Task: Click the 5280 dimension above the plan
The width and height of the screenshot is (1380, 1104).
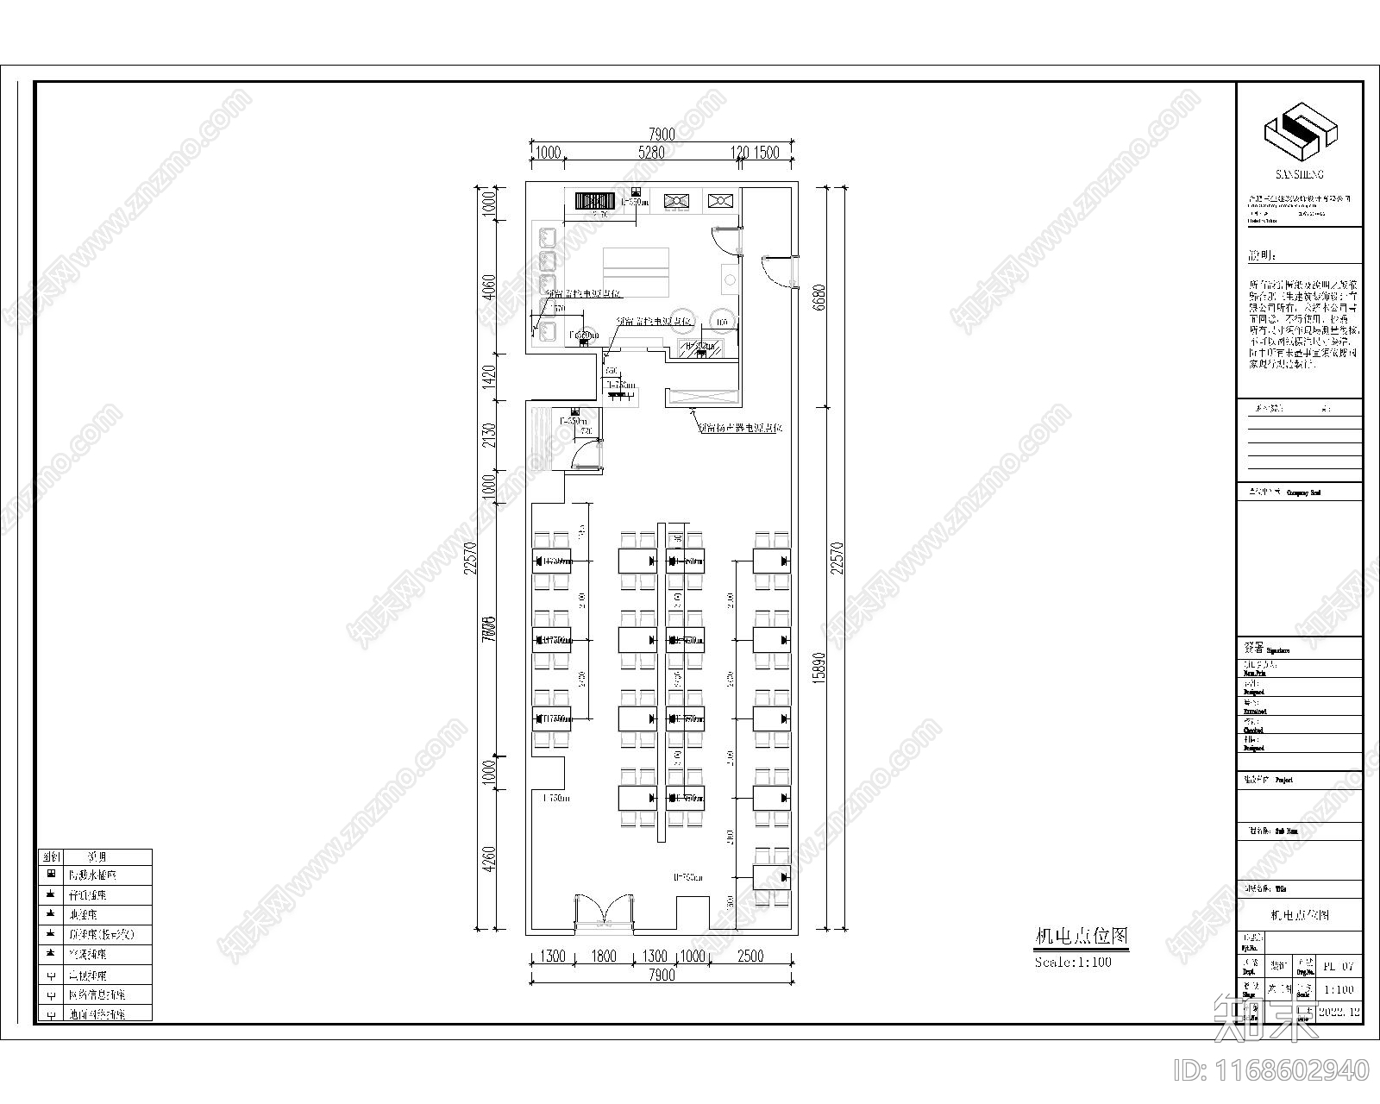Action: (x=650, y=153)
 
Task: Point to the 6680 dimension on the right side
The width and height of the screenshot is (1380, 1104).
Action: (x=819, y=298)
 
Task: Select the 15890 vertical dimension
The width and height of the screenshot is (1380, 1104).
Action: (x=819, y=667)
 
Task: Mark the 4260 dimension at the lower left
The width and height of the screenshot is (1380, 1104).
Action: (x=489, y=868)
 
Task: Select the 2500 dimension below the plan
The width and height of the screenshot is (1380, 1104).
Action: (x=751, y=956)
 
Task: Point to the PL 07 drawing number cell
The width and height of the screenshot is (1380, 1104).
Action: (x=1339, y=966)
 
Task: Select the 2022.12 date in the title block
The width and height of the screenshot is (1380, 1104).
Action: (x=1339, y=1011)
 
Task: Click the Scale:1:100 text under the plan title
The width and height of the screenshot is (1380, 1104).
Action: (x=1073, y=962)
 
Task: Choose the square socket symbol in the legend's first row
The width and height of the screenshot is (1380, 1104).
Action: (x=51, y=875)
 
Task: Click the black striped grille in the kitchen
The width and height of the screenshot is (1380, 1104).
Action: (x=593, y=200)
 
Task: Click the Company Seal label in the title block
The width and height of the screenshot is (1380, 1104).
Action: (x=1303, y=493)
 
